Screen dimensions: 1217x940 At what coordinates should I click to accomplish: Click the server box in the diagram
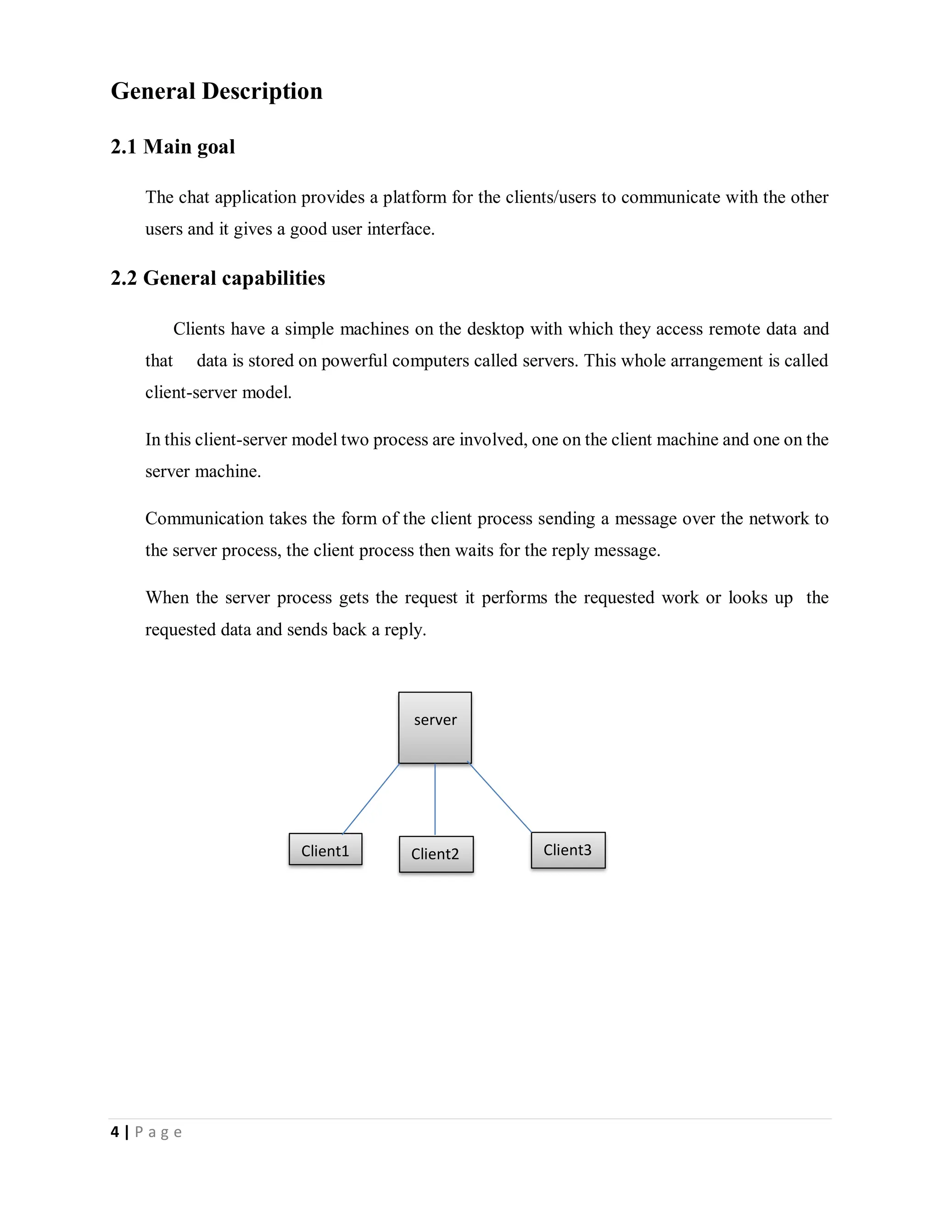point(435,727)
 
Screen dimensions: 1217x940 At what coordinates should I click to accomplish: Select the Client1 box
point(325,849)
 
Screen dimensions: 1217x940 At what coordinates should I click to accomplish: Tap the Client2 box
point(436,854)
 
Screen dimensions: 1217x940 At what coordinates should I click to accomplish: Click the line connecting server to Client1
point(371,798)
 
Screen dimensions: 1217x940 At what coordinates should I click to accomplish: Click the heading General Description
point(217,91)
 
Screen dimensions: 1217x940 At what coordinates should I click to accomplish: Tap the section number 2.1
point(123,146)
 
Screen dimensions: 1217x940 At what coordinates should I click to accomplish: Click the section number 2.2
point(123,278)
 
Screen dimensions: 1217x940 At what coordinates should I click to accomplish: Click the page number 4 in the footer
point(115,1132)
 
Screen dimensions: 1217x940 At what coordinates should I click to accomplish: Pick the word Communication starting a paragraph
point(204,518)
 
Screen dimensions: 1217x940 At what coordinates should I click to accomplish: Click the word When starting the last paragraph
point(167,597)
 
